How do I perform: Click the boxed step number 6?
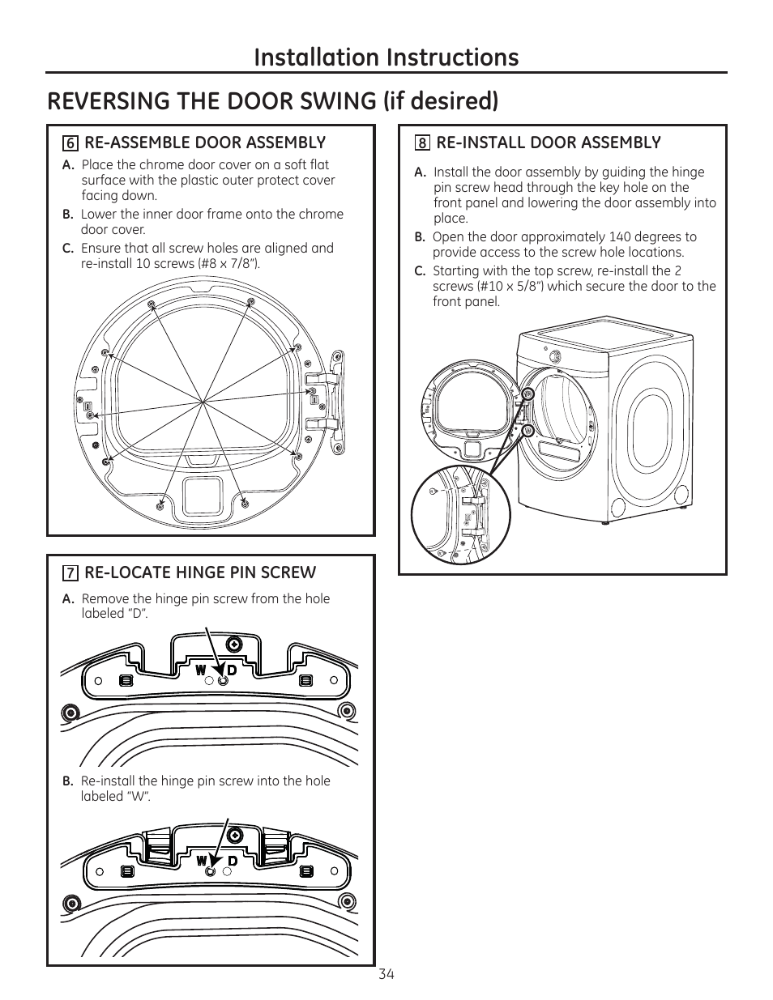point(70,143)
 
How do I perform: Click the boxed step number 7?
point(70,573)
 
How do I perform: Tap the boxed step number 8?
point(422,143)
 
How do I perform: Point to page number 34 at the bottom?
point(386,974)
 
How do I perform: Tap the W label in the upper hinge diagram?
point(200,670)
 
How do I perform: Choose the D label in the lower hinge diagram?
point(232,860)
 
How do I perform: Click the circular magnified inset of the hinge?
point(460,516)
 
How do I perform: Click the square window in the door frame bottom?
point(203,494)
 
